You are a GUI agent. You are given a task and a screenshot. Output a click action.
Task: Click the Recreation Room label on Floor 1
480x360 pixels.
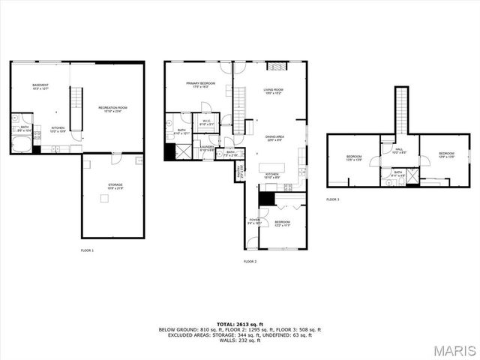click(112, 109)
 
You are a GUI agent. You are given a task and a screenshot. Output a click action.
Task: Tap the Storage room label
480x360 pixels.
click(115, 185)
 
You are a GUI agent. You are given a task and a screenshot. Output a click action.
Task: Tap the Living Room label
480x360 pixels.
click(272, 91)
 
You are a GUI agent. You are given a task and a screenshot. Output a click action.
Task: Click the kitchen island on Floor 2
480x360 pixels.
click(272, 167)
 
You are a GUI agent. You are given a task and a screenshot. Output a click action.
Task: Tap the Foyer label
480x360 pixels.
click(254, 220)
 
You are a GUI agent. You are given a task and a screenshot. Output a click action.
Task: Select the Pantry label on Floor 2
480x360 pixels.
click(240, 171)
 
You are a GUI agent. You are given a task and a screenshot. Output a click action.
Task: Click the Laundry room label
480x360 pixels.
click(208, 148)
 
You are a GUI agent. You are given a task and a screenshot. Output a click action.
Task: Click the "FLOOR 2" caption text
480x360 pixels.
click(250, 261)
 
